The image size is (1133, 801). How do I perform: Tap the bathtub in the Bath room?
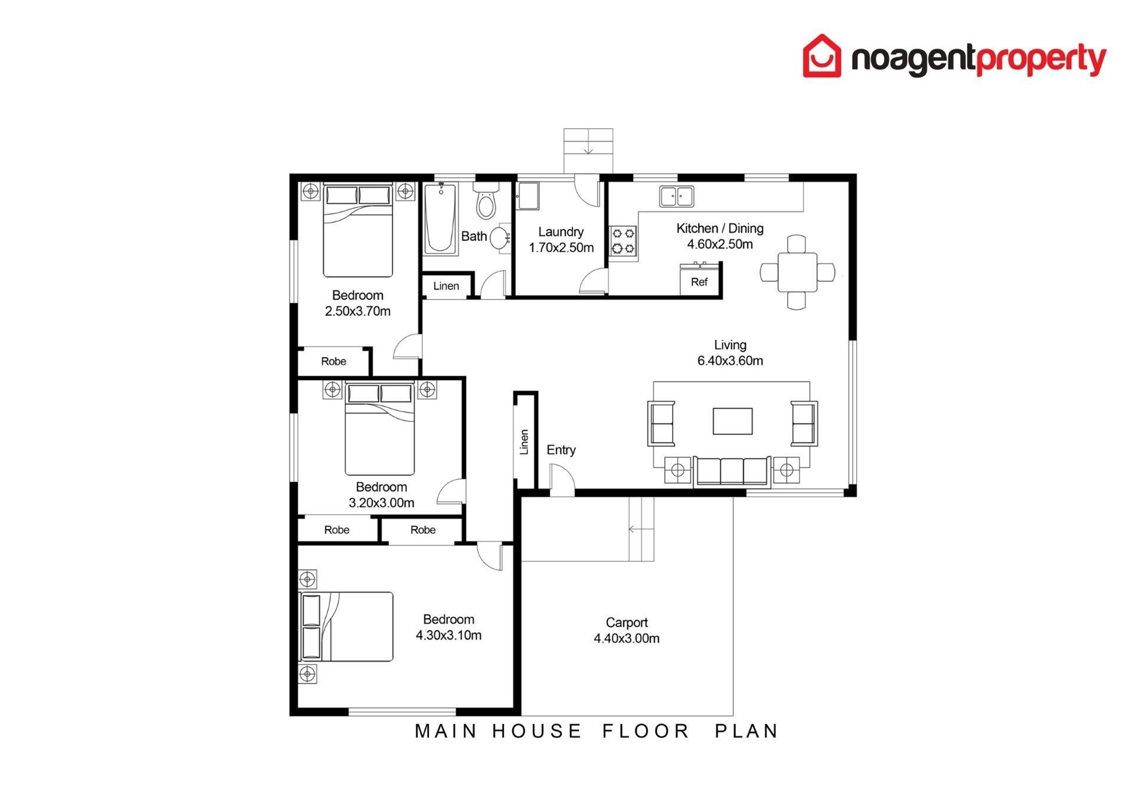440,218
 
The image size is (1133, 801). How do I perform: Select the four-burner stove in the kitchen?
623,241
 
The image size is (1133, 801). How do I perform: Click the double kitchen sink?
677,197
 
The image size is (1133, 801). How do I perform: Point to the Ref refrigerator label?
699,282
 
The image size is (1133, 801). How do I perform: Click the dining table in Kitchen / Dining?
797,272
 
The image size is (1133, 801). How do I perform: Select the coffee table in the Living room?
732,421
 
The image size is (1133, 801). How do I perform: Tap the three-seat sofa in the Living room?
732,471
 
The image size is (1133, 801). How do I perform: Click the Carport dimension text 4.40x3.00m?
627,638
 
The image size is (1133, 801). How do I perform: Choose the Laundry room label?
561,232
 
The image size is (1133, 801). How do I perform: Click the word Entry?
561,450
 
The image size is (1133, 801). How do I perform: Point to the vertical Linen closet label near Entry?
524,442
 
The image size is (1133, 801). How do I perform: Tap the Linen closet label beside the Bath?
446,286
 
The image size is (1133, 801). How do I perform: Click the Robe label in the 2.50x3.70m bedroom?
333,361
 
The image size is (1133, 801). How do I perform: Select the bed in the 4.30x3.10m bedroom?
346,626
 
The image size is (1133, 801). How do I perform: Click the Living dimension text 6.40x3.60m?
730,361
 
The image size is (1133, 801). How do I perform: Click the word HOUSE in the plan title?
536,731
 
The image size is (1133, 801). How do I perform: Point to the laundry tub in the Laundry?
528,196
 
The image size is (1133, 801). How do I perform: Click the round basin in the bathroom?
500,238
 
